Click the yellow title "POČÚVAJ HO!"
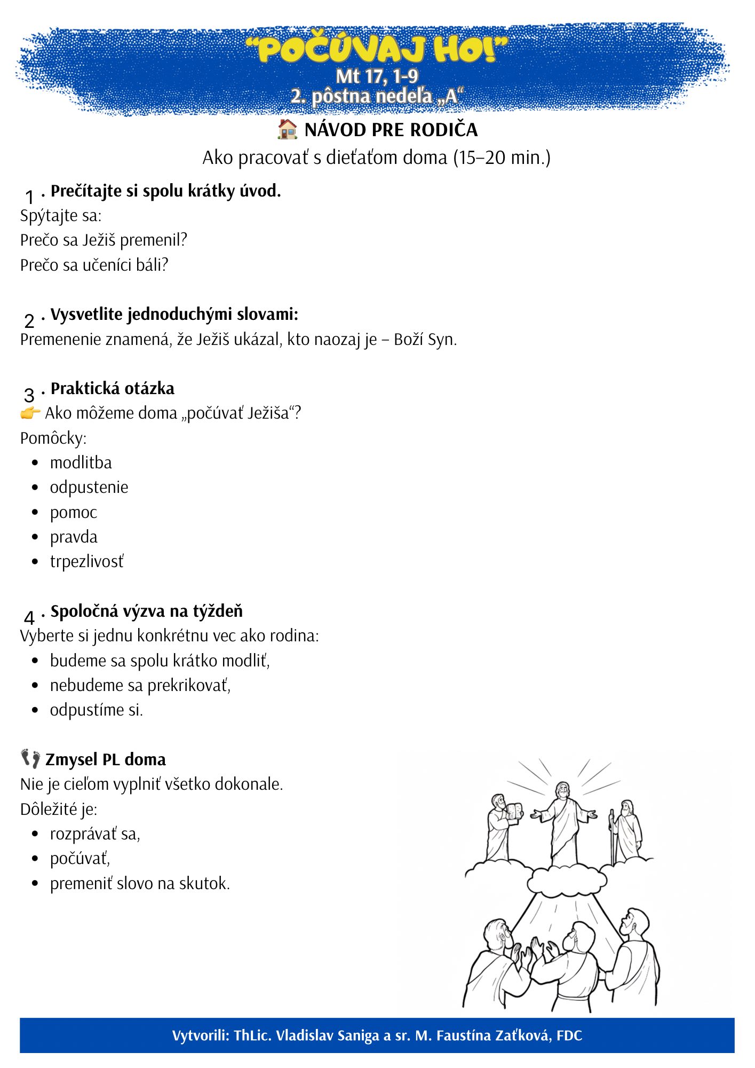377,50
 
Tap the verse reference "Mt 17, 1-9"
377,76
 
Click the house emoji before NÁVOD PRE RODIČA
287,129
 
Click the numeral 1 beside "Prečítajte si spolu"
29,197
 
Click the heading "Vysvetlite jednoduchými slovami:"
174,314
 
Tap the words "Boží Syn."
425,340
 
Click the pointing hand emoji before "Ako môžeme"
30,413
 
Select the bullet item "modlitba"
81,462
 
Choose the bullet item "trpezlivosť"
86,562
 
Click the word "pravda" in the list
74,537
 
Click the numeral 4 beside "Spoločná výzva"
29,618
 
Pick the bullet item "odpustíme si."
96,710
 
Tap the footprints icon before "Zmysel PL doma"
30,759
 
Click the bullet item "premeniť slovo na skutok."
140,884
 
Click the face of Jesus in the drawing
561,791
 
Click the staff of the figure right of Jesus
612,836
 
